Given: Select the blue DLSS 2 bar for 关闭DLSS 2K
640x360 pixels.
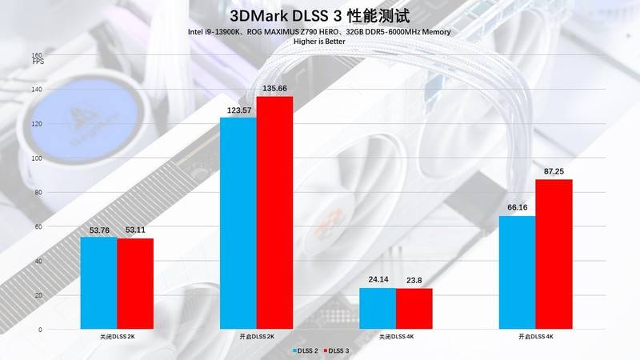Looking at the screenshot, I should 98,283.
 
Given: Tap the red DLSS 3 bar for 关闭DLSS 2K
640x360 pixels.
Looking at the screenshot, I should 135,284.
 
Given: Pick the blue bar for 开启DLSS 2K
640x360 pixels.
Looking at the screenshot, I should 238,224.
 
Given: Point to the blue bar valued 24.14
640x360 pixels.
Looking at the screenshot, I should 378,309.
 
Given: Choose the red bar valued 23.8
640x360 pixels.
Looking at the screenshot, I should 414,309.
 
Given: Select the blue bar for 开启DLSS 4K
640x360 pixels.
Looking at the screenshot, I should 517,273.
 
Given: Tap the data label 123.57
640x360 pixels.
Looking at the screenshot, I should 238,110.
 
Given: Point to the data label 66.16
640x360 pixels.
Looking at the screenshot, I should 517,208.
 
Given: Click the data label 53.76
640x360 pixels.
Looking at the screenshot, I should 98,230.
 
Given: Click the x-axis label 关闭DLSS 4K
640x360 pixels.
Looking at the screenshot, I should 395,338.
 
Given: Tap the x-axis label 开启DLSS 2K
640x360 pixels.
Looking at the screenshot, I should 256,338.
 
